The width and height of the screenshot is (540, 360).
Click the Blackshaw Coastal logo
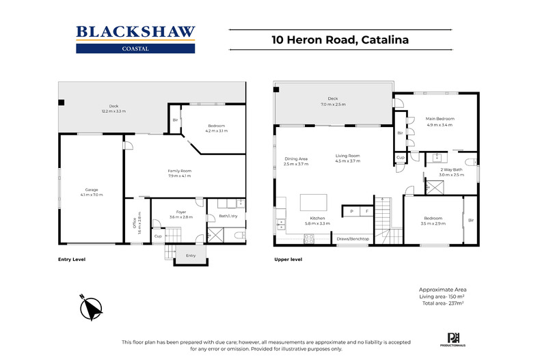tap(135, 39)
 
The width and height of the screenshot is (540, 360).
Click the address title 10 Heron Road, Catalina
tap(340, 40)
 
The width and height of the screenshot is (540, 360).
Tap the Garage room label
tap(91, 189)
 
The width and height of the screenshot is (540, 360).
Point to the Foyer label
tap(181, 212)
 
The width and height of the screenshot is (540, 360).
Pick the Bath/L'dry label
tap(226, 217)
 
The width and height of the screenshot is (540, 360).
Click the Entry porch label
tap(191, 255)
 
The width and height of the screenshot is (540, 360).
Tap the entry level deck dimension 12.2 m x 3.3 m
tap(113, 111)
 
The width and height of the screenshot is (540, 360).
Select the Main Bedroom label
tap(440, 119)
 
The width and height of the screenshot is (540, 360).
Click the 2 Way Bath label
tap(451, 169)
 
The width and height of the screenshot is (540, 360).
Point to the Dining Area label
tap(296, 159)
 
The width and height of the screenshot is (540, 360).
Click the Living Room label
tap(347, 156)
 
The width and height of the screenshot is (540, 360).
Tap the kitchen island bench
tap(314, 202)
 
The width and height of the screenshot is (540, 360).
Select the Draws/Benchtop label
tap(353, 238)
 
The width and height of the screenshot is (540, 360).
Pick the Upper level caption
tap(288, 260)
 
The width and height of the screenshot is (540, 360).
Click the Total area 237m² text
tap(443, 303)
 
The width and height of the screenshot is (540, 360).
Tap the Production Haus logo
tap(453, 337)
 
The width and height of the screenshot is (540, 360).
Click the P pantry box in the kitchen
tap(351, 212)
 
